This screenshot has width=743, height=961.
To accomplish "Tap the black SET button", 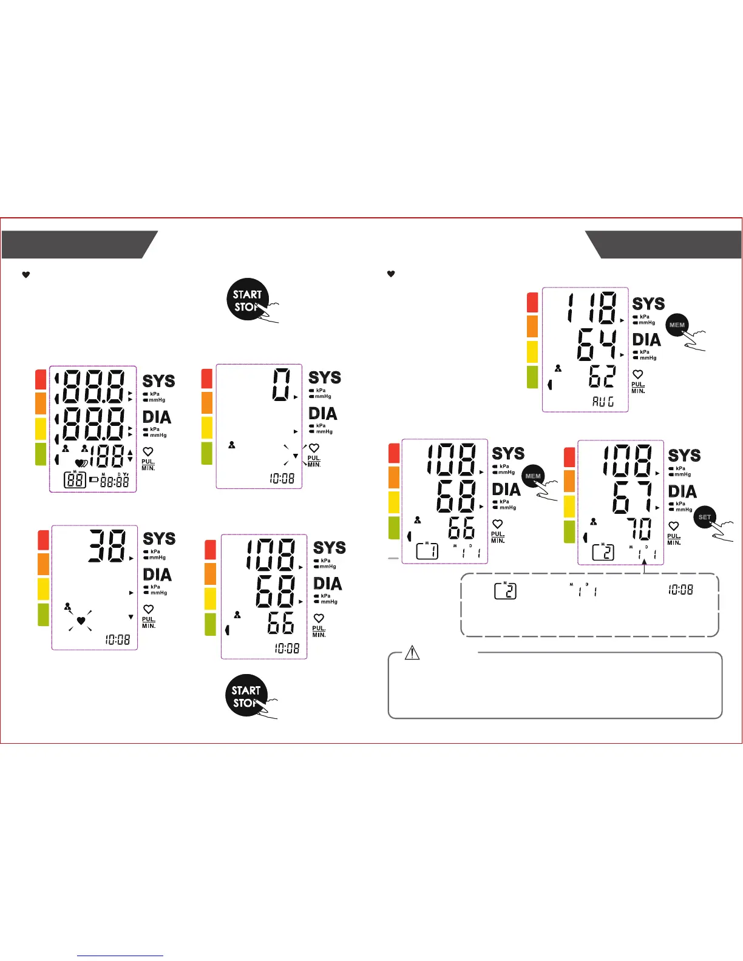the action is pyautogui.click(x=705, y=518).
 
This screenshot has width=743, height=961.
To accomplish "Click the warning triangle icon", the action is pyautogui.click(x=412, y=653).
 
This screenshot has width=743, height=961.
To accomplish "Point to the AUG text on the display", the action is pyautogui.click(x=603, y=401).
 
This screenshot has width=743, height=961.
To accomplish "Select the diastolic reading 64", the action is pyautogui.click(x=596, y=344).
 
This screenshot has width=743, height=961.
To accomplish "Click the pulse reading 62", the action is pyautogui.click(x=602, y=377).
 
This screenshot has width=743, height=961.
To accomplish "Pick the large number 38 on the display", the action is pyautogui.click(x=107, y=545).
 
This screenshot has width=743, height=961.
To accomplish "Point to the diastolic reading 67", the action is pyautogui.click(x=632, y=497).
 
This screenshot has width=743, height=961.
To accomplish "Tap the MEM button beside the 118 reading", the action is pyautogui.click(x=677, y=325).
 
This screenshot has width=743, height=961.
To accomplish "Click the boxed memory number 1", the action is pyautogui.click(x=427, y=551).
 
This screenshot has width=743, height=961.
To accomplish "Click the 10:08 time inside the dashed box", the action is pyautogui.click(x=680, y=589).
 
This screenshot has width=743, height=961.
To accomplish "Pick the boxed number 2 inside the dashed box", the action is pyautogui.click(x=506, y=590).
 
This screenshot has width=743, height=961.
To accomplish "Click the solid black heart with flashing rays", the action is pyautogui.click(x=81, y=620).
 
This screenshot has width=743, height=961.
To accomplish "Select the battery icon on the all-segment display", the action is pyautogui.click(x=93, y=479).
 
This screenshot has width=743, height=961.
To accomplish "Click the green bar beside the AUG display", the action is pyautogui.click(x=532, y=377).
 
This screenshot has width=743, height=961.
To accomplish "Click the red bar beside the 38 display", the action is pyautogui.click(x=43, y=539).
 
